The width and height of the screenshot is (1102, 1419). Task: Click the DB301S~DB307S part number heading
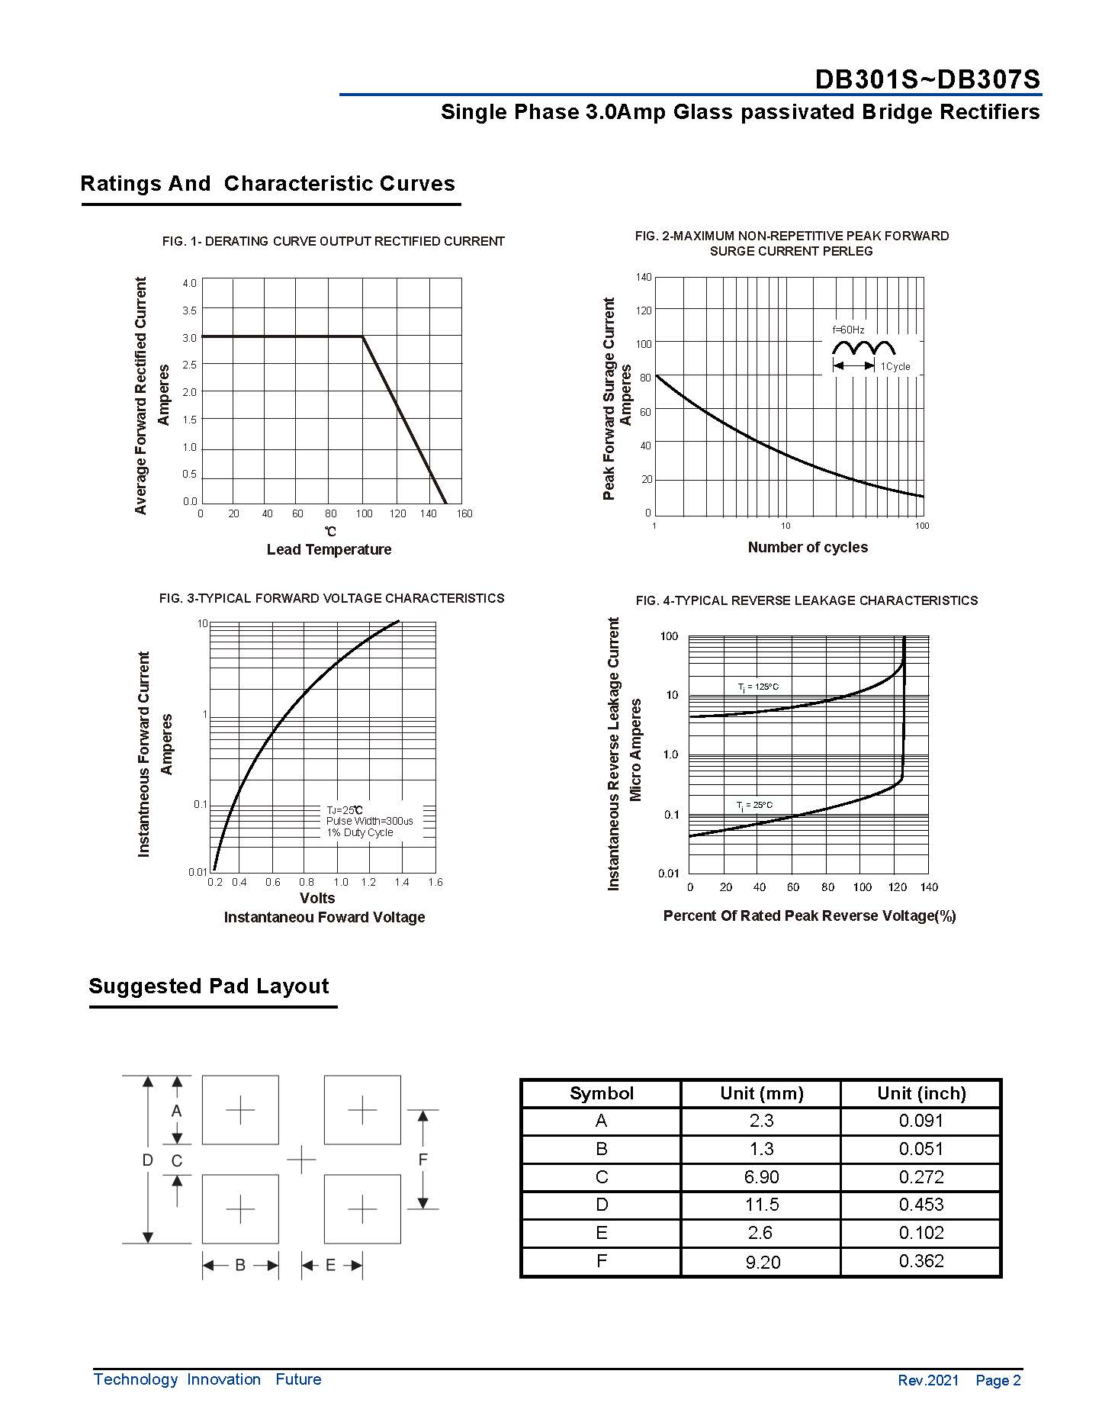pyautogui.click(x=927, y=79)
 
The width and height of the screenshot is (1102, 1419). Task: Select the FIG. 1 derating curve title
pyautogui.click(x=333, y=241)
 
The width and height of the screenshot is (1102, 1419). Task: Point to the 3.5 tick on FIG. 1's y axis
pyautogui.click(x=189, y=311)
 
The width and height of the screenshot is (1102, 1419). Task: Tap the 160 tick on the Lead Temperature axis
pyautogui.click(x=464, y=513)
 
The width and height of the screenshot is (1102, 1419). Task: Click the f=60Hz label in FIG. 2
pyautogui.click(x=848, y=330)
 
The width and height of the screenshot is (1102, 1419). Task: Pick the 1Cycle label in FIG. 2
pyautogui.click(x=895, y=367)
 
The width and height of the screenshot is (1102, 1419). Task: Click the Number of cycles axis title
pyautogui.click(x=807, y=547)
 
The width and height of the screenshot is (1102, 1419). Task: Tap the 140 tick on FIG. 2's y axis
pyautogui.click(x=643, y=277)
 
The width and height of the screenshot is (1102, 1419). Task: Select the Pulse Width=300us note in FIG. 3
pyautogui.click(x=369, y=821)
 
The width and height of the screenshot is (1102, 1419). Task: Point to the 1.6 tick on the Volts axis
pyautogui.click(x=435, y=882)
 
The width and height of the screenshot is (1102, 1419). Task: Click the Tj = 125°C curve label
pyautogui.click(x=758, y=687)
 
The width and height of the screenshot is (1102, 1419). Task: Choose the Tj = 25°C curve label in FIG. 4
pyautogui.click(x=754, y=805)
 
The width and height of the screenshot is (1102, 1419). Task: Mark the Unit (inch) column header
pyautogui.click(x=920, y=1093)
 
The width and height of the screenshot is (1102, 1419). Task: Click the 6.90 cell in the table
pyautogui.click(x=761, y=1177)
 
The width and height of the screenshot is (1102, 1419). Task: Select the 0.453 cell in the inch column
pyautogui.click(x=920, y=1205)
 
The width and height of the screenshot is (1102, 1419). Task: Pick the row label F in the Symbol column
pyautogui.click(x=601, y=1261)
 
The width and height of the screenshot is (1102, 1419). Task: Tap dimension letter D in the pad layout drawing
pyautogui.click(x=148, y=1160)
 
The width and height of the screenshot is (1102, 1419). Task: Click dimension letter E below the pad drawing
pyautogui.click(x=330, y=1265)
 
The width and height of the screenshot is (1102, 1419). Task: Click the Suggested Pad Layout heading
pyautogui.click(x=208, y=986)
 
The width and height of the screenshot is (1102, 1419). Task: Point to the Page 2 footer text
pyautogui.click(x=998, y=1380)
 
